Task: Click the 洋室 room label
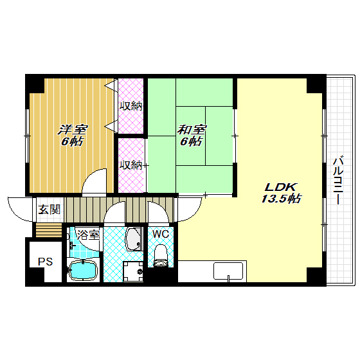(73, 130)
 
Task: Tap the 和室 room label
(192, 130)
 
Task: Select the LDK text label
(281, 188)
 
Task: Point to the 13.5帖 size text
(281, 199)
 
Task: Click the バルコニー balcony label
(338, 180)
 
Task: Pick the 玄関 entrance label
(49, 210)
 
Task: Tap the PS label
(45, 262)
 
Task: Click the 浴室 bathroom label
(88, 235)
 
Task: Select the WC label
(161, 234)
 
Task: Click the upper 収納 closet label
(131, 106)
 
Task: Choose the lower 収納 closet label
(131, 165)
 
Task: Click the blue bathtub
(83, 271)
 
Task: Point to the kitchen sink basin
(228, 271)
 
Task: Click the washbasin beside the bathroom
(133, 239)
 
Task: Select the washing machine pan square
(133, 271)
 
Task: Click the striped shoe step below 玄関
(49, 230)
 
